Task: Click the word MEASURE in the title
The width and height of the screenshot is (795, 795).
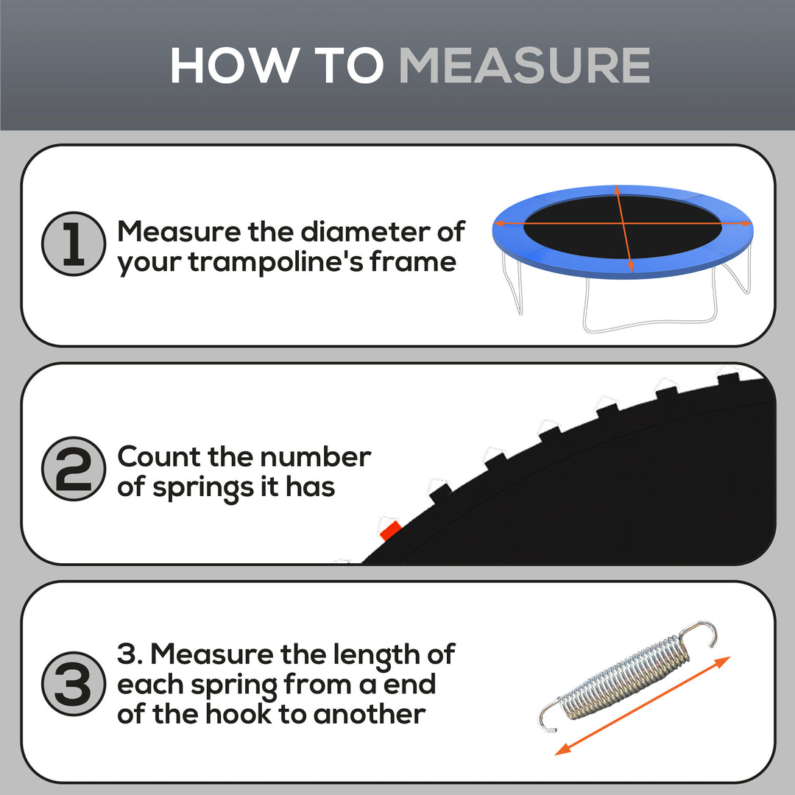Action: pyautogui.click(x=524, y=66)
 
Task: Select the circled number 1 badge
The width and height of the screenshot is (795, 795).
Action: pyautogui.click(x=74, y=244)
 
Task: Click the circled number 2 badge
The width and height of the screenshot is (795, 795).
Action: pyautogui.click(x=74, y=469)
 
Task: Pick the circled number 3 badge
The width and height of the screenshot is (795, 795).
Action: pyautogui.click(x=74, y=685)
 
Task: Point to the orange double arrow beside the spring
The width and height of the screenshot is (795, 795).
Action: pyautogui.click(x=643, y=705)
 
